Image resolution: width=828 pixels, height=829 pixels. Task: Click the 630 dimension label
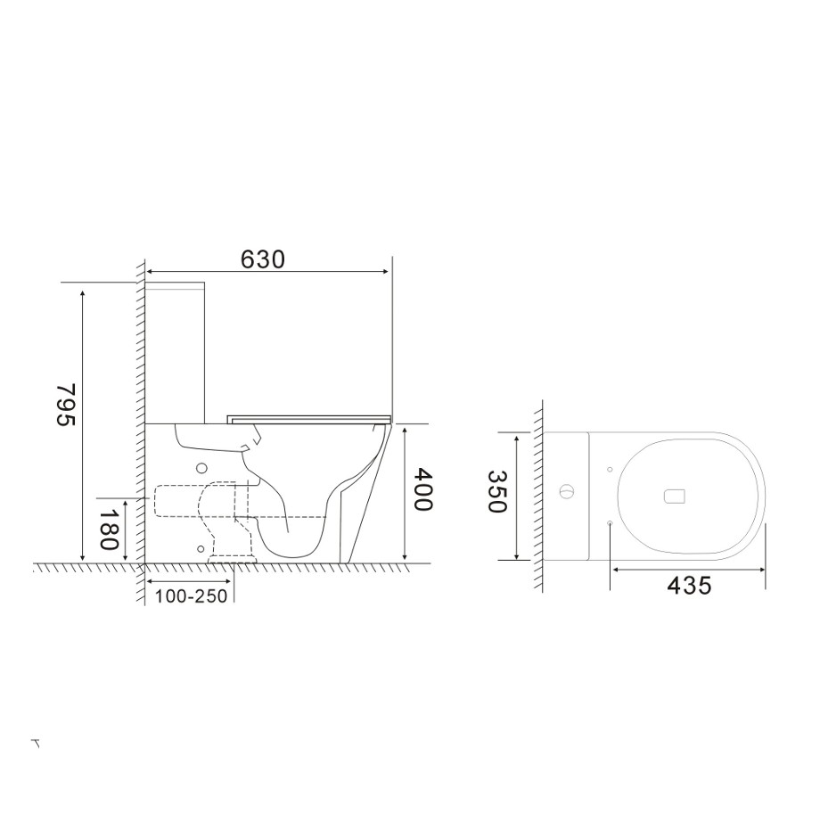(x=262, y=259)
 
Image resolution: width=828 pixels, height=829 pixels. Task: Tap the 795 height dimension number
(x=67, y=405)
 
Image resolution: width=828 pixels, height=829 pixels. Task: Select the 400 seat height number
(x=423, y=489)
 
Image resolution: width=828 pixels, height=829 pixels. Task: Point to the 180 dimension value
(x=109, y=529)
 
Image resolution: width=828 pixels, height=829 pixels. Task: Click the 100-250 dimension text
(x=191, y=596)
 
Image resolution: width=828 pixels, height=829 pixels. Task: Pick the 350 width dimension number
(x=496, y=492)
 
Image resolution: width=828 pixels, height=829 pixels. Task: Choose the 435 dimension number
(x=689, y=586)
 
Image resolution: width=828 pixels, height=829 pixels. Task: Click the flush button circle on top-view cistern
(x=566, y=492)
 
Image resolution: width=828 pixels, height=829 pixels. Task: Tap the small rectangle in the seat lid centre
(x=674, y=496)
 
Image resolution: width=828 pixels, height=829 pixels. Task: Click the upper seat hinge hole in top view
(x=610, y=470)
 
